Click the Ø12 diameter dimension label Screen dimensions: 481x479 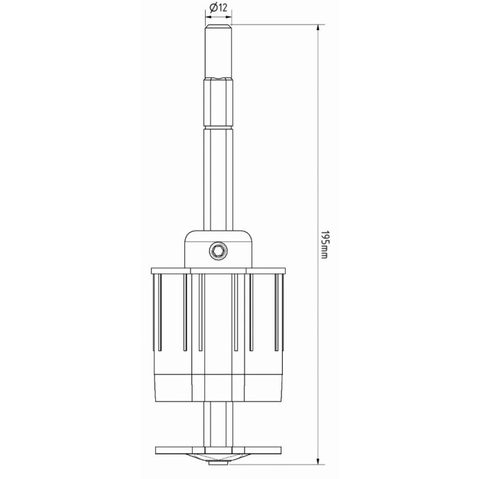[x=218, y=8]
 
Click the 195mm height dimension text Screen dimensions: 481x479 [x=325, y=244]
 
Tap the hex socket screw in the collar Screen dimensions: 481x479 [x=218, y=252]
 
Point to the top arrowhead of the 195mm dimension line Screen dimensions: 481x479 [x=318, y=28]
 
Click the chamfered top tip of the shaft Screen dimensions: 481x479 [x=218, y=27]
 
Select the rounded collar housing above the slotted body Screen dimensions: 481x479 [x=218, y=249]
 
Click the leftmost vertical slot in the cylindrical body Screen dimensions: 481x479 [x=159, y=312]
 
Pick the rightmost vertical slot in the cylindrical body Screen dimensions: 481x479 [x=277, y=312]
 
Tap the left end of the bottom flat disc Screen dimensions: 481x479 [x=156, y=450]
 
